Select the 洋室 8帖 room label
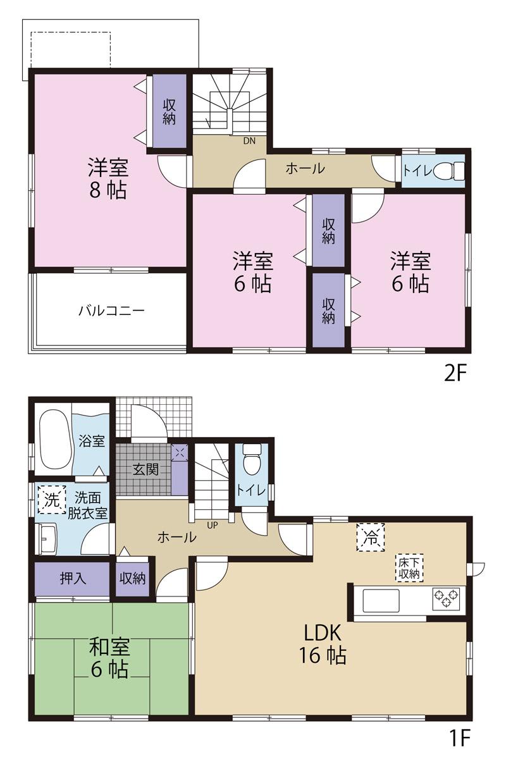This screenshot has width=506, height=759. click(x=108, y=178)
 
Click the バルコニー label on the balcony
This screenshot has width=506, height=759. click(x=112, y=311)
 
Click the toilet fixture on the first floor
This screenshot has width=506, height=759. click(x=252, y=459)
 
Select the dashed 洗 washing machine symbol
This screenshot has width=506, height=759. click(x=51, y=500)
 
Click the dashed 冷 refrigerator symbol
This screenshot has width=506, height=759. click(x=370, y=538)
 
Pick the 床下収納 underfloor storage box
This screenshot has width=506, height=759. click(x=409, y=567)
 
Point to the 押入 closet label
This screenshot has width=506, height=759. click(x=73, y=578)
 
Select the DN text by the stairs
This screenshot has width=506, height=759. click(x=249, y=140)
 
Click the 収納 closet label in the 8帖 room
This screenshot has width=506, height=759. click(x=169, y=111)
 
